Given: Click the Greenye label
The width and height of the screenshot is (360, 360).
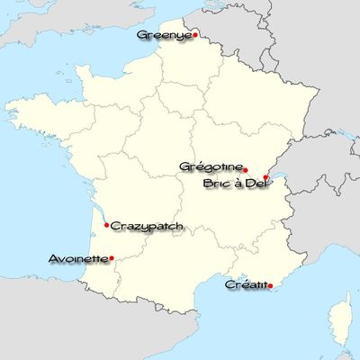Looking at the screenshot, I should point(163,35).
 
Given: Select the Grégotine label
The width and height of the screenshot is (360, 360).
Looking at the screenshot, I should point(211,166).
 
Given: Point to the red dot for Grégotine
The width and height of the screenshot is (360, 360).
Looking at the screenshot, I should point(247,169).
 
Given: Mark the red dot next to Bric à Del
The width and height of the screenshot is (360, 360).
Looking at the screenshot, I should point(266,178).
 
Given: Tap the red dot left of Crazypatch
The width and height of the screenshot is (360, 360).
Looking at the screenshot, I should point(107,225).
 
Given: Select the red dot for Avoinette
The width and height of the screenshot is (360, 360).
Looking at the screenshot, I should point(111,259).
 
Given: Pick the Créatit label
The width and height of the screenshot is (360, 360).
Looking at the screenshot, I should point(246,284).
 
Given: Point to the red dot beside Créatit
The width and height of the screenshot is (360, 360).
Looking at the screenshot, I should point(271,286).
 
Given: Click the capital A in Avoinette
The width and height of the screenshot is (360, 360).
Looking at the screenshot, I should point(54,259).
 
